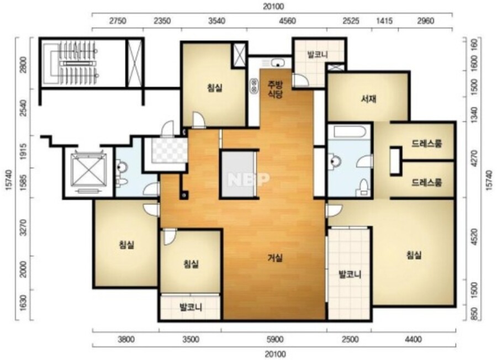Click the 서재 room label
(369, 99)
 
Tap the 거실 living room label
(275, 258)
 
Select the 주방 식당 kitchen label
(275, 89)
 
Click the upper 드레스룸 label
(426, 144)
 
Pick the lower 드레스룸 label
(426, 183)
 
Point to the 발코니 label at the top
(318, 55)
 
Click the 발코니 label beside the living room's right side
(350, 274)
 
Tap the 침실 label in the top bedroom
(215, 88)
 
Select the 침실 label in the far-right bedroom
(414, 255)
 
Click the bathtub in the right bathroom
(349, 132)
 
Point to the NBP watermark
(248, 179)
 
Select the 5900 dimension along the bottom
(275, 340)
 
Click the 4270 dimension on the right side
(474, 159)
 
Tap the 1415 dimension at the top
(384, 21)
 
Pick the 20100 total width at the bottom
(274, 354)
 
